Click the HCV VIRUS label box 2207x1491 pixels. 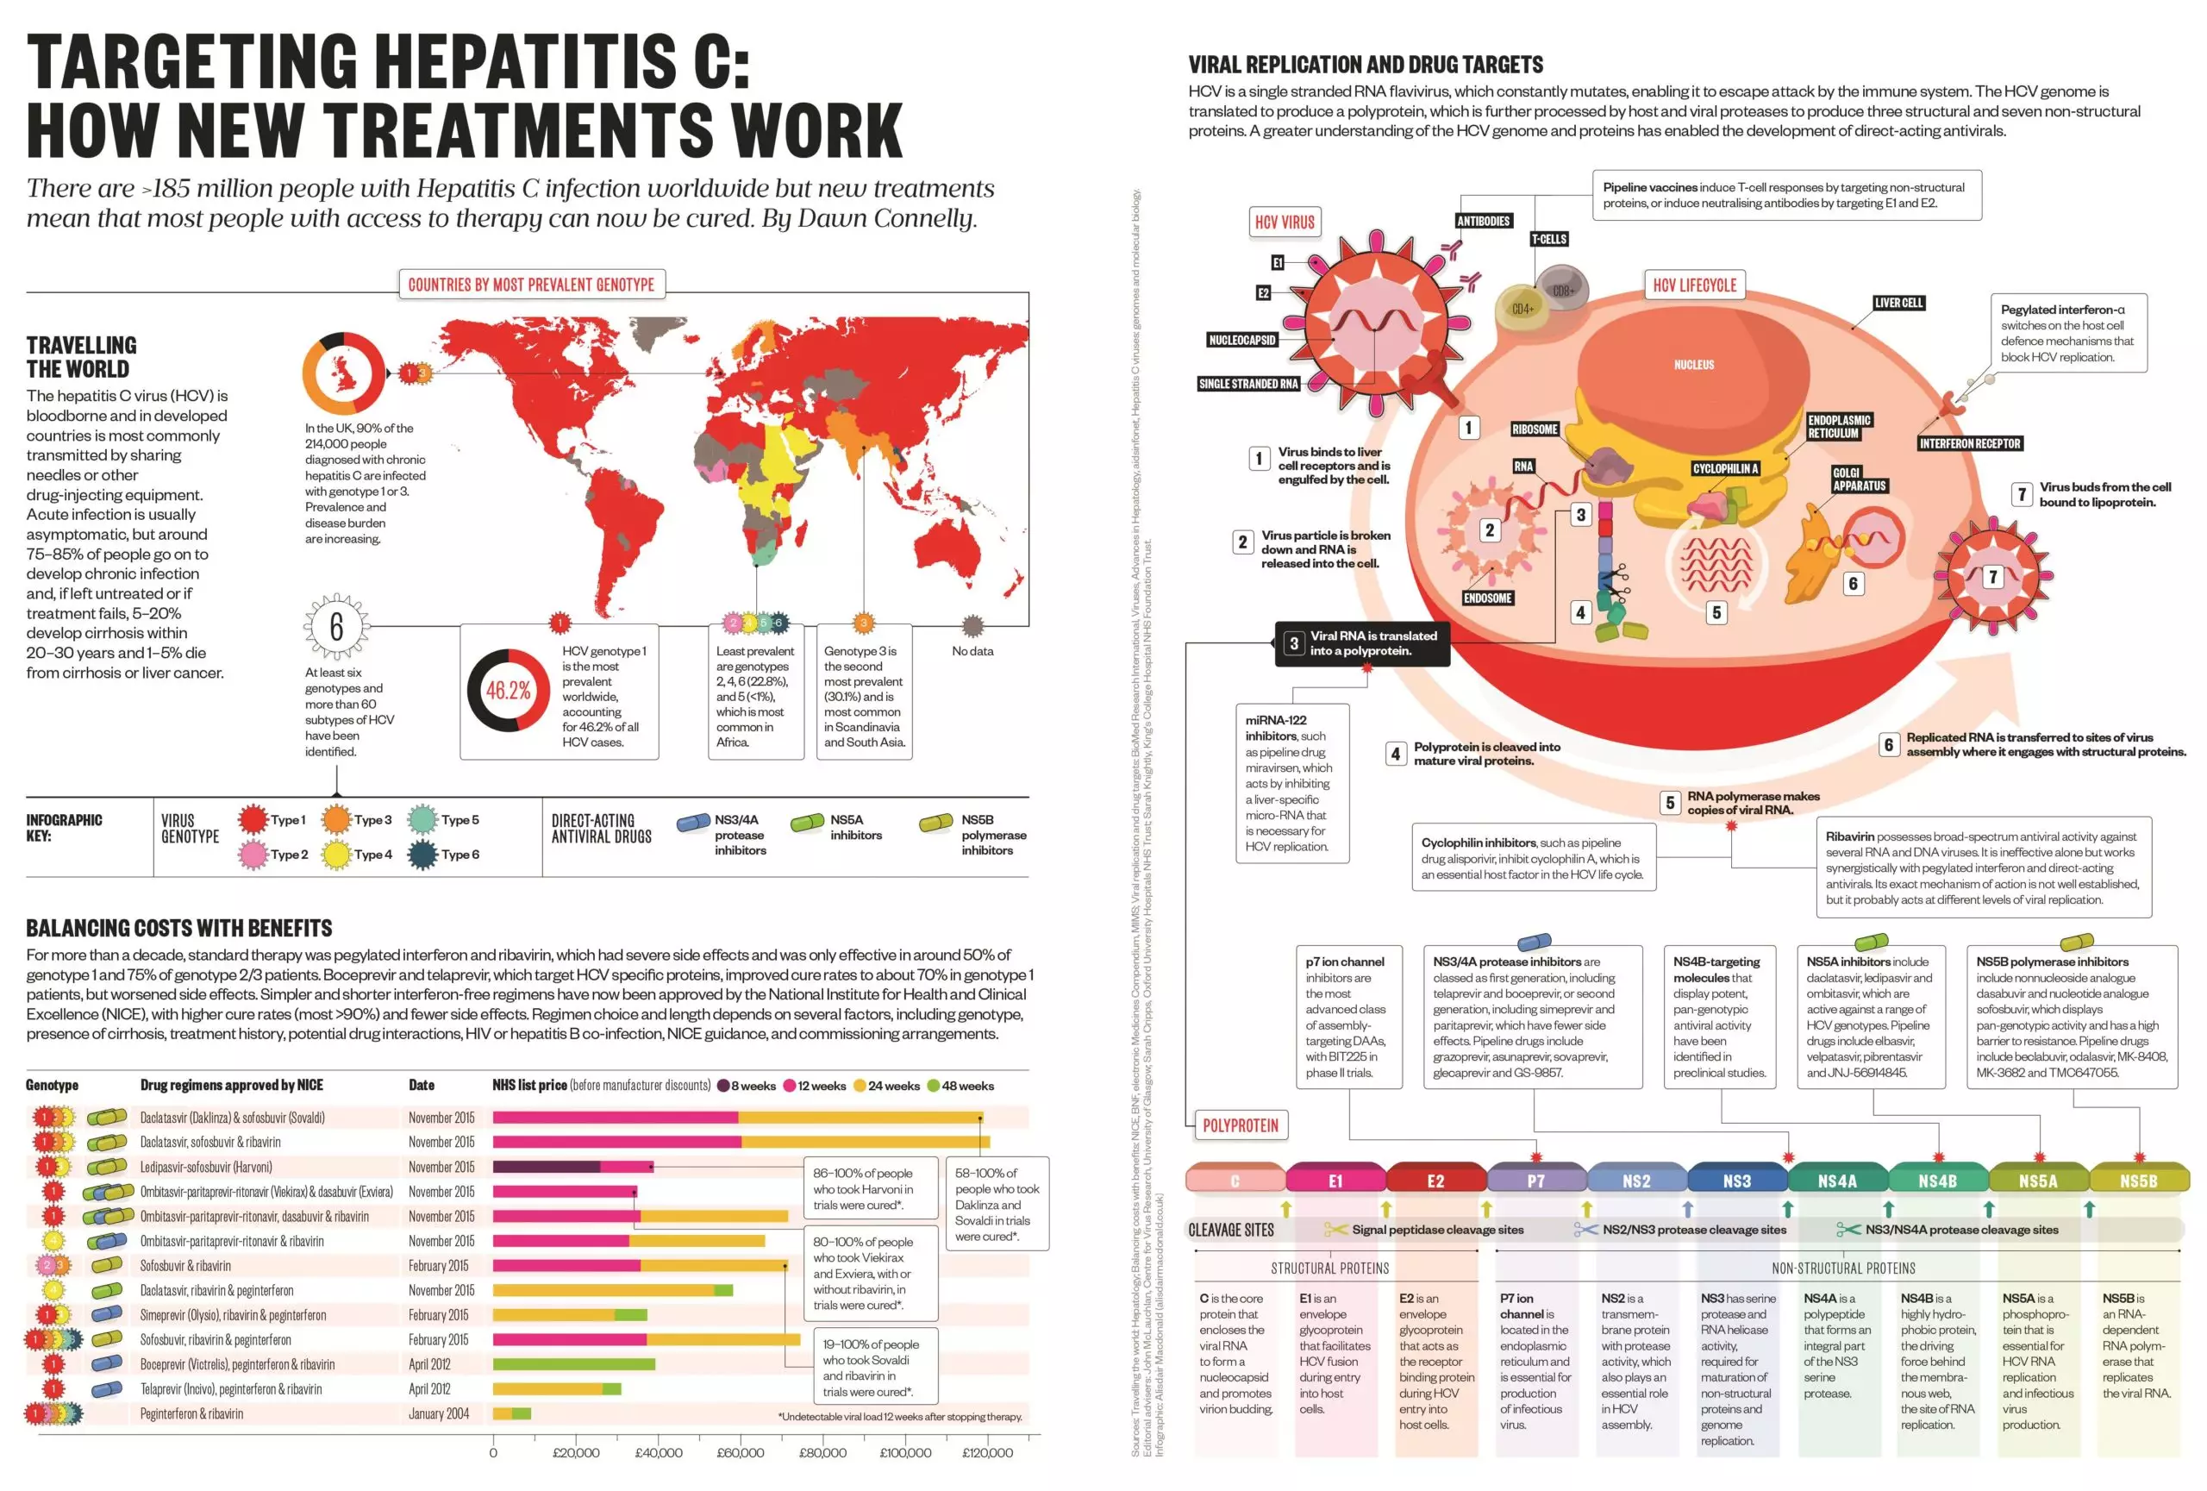[1284, 222]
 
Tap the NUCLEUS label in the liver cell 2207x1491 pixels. [1693, 365]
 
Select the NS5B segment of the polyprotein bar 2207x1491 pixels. [2139, 1181]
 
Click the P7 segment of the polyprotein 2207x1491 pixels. [1535, 1181]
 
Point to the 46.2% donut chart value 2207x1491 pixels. [508, 691]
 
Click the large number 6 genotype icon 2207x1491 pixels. [336, 627]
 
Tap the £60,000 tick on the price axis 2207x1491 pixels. [740, 1452]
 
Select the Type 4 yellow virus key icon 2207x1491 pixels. [337, 854]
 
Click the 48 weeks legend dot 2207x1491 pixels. [934, 1086]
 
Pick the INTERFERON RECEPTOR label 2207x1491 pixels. [1970, 443]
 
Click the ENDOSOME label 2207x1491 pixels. [1487, 598]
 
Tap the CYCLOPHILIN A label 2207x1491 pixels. [1726, 468]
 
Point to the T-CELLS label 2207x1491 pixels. [1548, 240]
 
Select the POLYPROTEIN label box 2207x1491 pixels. [1241, 1125]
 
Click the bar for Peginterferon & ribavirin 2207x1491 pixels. [512, 1413]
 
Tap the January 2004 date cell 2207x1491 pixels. [439, 1413]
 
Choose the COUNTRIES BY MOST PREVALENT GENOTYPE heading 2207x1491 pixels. [531, 284]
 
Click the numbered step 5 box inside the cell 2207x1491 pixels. [1716, 612]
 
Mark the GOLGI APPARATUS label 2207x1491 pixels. [1859, 479]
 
